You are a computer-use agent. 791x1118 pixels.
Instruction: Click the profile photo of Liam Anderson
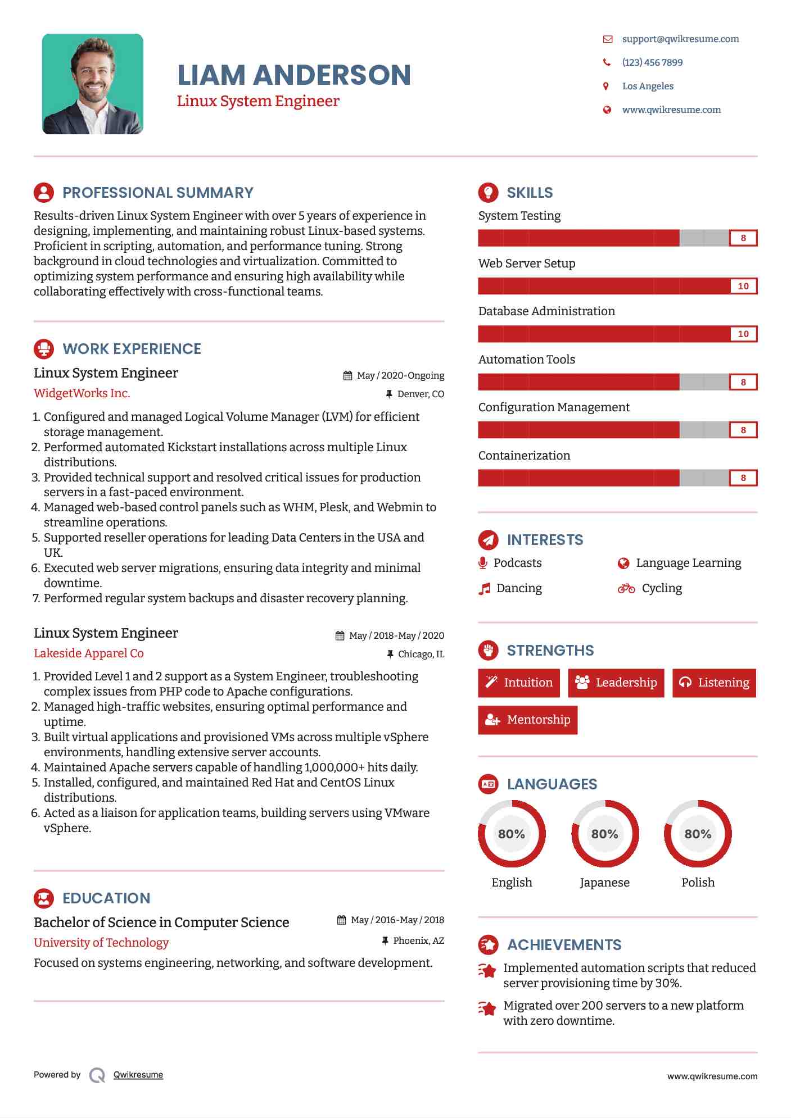pyautogui.click(x=93, y=84)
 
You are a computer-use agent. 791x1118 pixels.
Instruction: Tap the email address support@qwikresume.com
pyautogui.click(x=680, y=39)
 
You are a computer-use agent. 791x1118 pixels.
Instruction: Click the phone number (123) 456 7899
pyautogui.click(x=652, y=62)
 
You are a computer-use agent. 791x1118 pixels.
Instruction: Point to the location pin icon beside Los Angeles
pyautogui.click(x=606, y=86)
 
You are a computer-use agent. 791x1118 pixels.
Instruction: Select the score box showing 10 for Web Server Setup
pyautogui.click(x=743, y=286)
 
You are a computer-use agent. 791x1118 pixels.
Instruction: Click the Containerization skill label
pyautogui.click(x=524, y=455)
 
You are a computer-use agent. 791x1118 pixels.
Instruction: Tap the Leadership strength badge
pyautogui.click(x=616, y=683)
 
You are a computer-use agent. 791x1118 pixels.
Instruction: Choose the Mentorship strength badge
pyautogui.click(x=527, y=720)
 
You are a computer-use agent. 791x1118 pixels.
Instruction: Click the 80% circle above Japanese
pyautogui.click(x=604, y=834)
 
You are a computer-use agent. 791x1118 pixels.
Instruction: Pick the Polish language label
pyautogui.click(x=698, y=882)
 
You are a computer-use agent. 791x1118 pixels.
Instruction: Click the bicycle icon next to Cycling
pyautogui.click(x=626, y=588)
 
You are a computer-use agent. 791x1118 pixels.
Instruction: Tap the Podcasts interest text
pyautogui.click(x=517, y=563)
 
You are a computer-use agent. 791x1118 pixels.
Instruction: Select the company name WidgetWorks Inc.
pyautogui.click(x=82, y=393)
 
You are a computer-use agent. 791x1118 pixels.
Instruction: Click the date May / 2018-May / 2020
pyautogui.click(x=396, y=635)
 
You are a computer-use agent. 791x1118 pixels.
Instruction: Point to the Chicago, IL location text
pyautogui.click(x=421, y=654)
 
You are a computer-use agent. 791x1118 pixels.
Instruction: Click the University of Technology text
pyautogui.click(x=101, y=942)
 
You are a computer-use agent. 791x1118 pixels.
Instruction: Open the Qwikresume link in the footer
pyautogui.click(x=138, y=1075)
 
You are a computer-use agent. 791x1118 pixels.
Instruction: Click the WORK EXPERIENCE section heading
pyautogui.click(x=132, y=349)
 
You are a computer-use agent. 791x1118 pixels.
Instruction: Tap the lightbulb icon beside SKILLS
pyautogui.click(x=488, y=193)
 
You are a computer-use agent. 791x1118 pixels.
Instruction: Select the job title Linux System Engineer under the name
pyautogui.click(x=258, y=101)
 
